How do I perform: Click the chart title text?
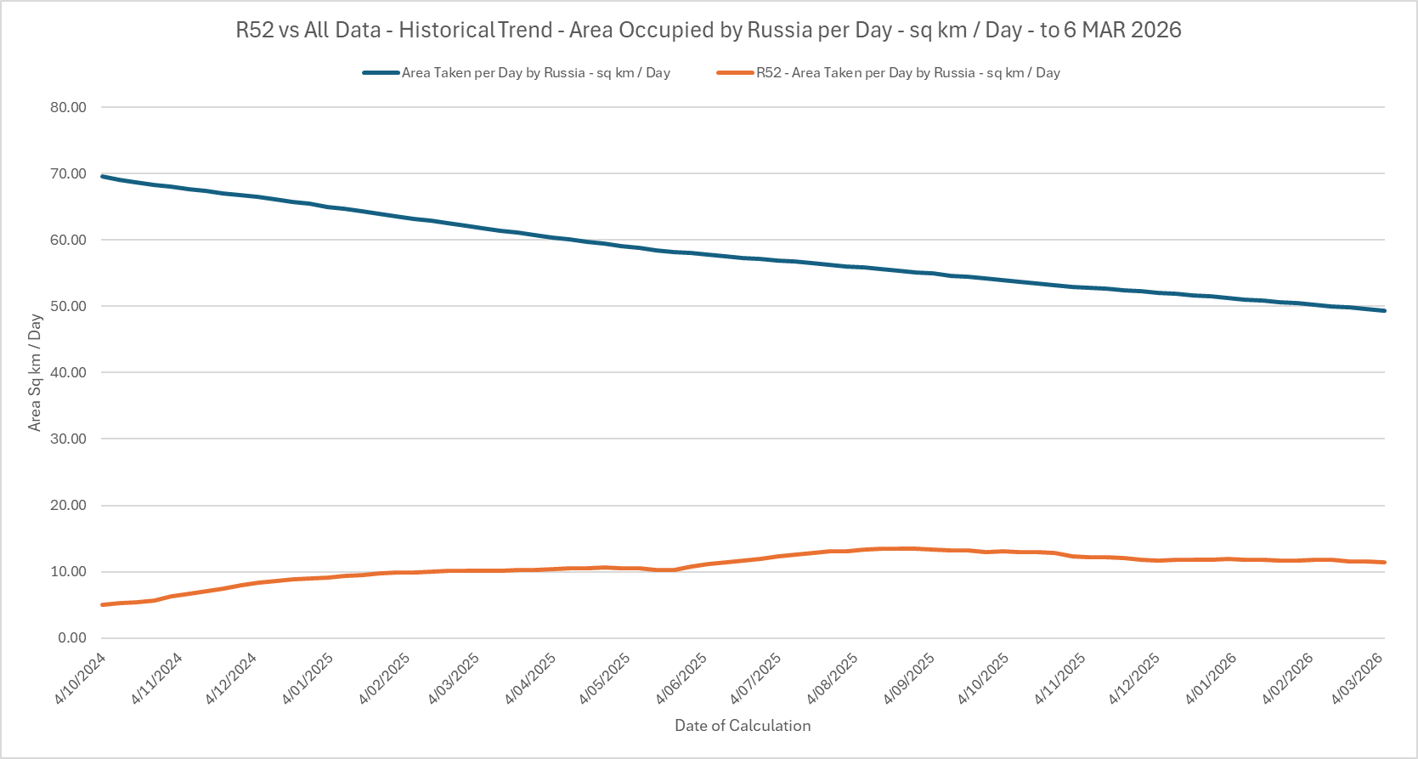(x=708, y=30)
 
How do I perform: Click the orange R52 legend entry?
(x=907, y=73)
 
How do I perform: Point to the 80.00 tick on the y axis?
(x=68, y=107)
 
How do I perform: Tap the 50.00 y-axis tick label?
(x=68, y=306)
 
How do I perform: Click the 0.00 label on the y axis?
(x=71, y=637)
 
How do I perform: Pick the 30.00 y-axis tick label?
(x=68, y=439)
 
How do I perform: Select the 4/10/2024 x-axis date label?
(x=81, y=677)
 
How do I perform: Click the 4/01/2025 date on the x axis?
(x=308, y=677)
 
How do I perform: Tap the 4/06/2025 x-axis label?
(x=681, y=677)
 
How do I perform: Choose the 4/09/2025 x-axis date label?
(x=909, y=677)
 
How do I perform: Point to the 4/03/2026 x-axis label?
(x=1357, y=677)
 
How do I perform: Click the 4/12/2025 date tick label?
(x=1134, y=677)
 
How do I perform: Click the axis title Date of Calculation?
(x=743, y=726)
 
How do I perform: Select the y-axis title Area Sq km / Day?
(x=35, y=372)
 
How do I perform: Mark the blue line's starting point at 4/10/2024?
(x=102, y=176)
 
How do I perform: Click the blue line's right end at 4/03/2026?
(x=1384, y=310)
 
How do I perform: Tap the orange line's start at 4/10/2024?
(x=102, y=604)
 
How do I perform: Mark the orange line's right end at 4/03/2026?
(x=1384, y=562)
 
